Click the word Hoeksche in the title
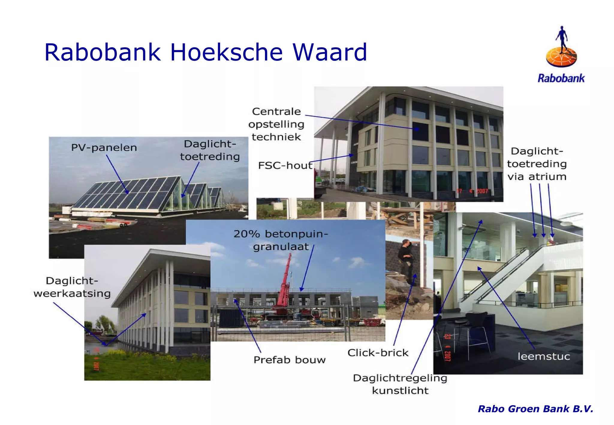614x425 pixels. tap(226, 52)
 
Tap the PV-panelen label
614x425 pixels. tap(104, 147)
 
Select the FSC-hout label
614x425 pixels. tap(285, 165)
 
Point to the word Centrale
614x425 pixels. tap(276, 111)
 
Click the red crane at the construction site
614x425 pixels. tap(284, 285)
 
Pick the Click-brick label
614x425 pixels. tap(378, 353)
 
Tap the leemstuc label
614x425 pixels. tap(544, 356)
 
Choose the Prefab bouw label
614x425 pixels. tap(289, 360)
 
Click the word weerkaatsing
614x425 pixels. tap(72, 293)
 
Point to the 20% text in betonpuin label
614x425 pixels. tap(246, 234)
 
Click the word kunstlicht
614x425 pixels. tap(400, 391)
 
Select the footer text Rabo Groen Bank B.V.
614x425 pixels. tap(535, 409)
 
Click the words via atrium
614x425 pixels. tap(537, 177)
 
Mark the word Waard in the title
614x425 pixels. tap(329, 52)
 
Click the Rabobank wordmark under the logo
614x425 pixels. tap(561, 79)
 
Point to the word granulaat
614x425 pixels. tap(281, 247)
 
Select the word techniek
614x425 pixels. tap(276, 137)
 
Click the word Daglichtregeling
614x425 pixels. tap(400, 378)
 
